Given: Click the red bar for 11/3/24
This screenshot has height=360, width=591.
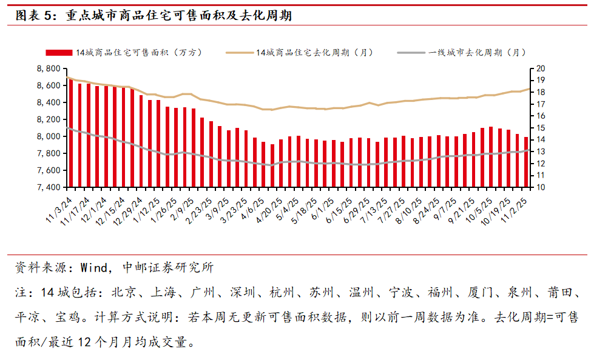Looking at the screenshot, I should click(71, 133).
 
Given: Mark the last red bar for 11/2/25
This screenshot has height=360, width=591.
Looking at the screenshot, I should click(526, 162).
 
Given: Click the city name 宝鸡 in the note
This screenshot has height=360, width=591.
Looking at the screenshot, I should click(67, 318).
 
